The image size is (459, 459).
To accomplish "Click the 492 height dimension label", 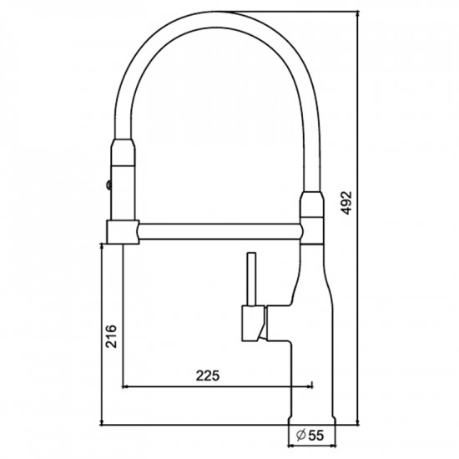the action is pyautogui.click(x=347, y=203).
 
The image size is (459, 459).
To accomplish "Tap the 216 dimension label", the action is pyautogui.click(x=111, y=336).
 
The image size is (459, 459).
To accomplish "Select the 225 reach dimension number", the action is pyautogui.click(x=208, y=376).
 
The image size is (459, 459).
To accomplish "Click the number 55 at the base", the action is pyautogui.click(x=315, y=436).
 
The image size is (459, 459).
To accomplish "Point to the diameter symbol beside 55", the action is pyautogui.click(x=301, y=435).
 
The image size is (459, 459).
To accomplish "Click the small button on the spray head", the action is pyautogui.click(x=108, y=184).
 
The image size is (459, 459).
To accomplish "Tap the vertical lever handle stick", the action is pyautogui.click(x=252, y=279).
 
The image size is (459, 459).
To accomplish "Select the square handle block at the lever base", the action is pyautogui.click(x=254, y=324).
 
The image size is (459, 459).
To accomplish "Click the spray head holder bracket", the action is pyautogui.click(x=123, y=233).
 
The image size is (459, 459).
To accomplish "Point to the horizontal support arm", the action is pyautogui.click(x=219, y=231).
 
